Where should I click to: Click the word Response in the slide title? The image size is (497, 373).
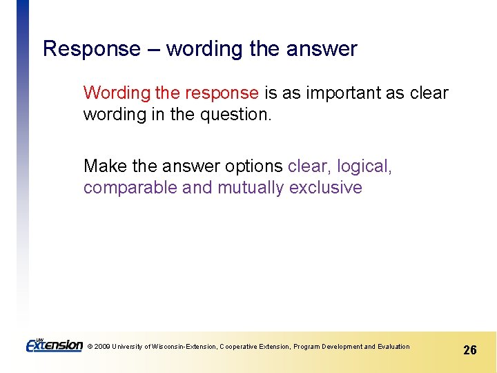91,49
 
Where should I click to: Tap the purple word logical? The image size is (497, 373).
364,166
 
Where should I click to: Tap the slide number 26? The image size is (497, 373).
469,350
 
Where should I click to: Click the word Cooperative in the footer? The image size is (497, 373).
238,347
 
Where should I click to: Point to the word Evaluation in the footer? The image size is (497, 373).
393,347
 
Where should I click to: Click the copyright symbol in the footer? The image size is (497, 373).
90,347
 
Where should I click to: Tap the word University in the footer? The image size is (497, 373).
128,347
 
